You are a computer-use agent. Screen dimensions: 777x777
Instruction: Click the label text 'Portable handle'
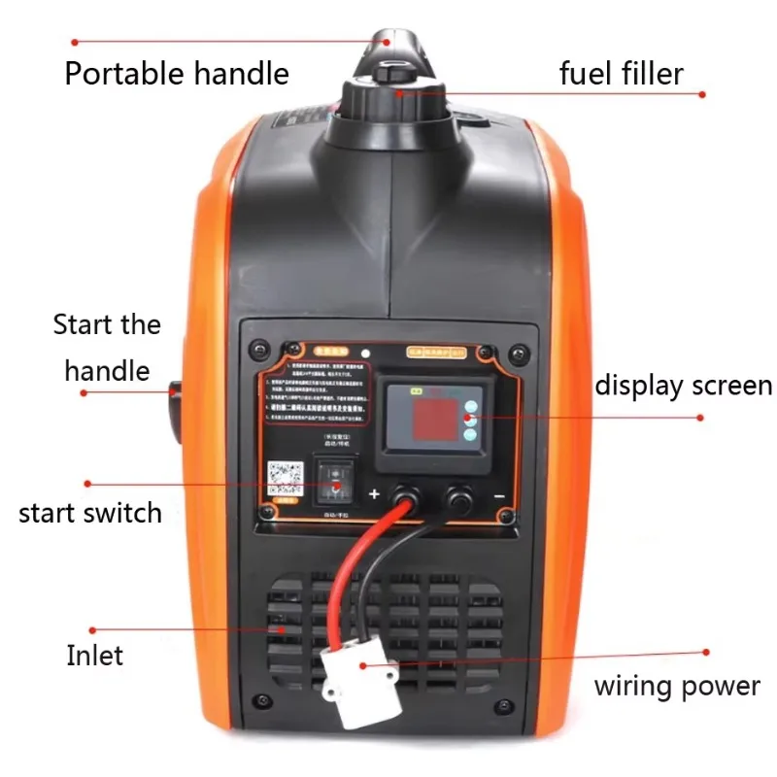[176, 74]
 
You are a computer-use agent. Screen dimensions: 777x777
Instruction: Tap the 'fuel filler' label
[622, 74]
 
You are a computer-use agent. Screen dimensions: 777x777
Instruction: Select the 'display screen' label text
[683, 386]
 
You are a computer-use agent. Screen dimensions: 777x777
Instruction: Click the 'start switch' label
[90, 512]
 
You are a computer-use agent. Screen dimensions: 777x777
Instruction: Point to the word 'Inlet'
[94, 656]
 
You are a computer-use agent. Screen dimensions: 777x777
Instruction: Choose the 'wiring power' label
[676, 687]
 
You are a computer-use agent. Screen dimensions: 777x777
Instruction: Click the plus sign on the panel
[374, 495]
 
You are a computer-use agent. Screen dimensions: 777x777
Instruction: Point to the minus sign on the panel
[497, 495]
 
